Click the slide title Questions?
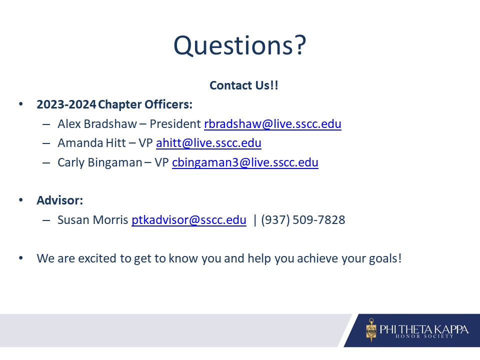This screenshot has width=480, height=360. coord(239,45)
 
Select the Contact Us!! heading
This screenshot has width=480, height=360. coord(244,85)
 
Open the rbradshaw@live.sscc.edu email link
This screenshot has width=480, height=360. coord(273,124)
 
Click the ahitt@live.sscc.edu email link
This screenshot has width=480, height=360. coord(209,143)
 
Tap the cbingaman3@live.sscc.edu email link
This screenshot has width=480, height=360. coord(245,162)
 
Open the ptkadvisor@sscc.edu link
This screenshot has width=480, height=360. coord(189,220)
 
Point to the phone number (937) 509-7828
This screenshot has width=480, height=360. coord(303,220)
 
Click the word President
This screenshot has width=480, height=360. coord(175,124)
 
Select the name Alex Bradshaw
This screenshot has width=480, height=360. coord(97,124)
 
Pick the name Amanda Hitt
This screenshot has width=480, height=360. coord(92,143)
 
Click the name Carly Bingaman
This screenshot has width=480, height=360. coord(100,162)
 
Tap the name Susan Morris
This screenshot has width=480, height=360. coord(93,220)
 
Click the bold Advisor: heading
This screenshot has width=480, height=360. coord(60,200)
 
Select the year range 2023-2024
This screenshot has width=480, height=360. coord(66,104)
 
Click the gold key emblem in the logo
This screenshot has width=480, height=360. coord(371,330)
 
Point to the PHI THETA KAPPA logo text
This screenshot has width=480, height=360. coord(424,329)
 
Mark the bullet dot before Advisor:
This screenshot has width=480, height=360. coord(21,200)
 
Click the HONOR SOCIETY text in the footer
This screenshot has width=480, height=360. coord(424,336)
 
